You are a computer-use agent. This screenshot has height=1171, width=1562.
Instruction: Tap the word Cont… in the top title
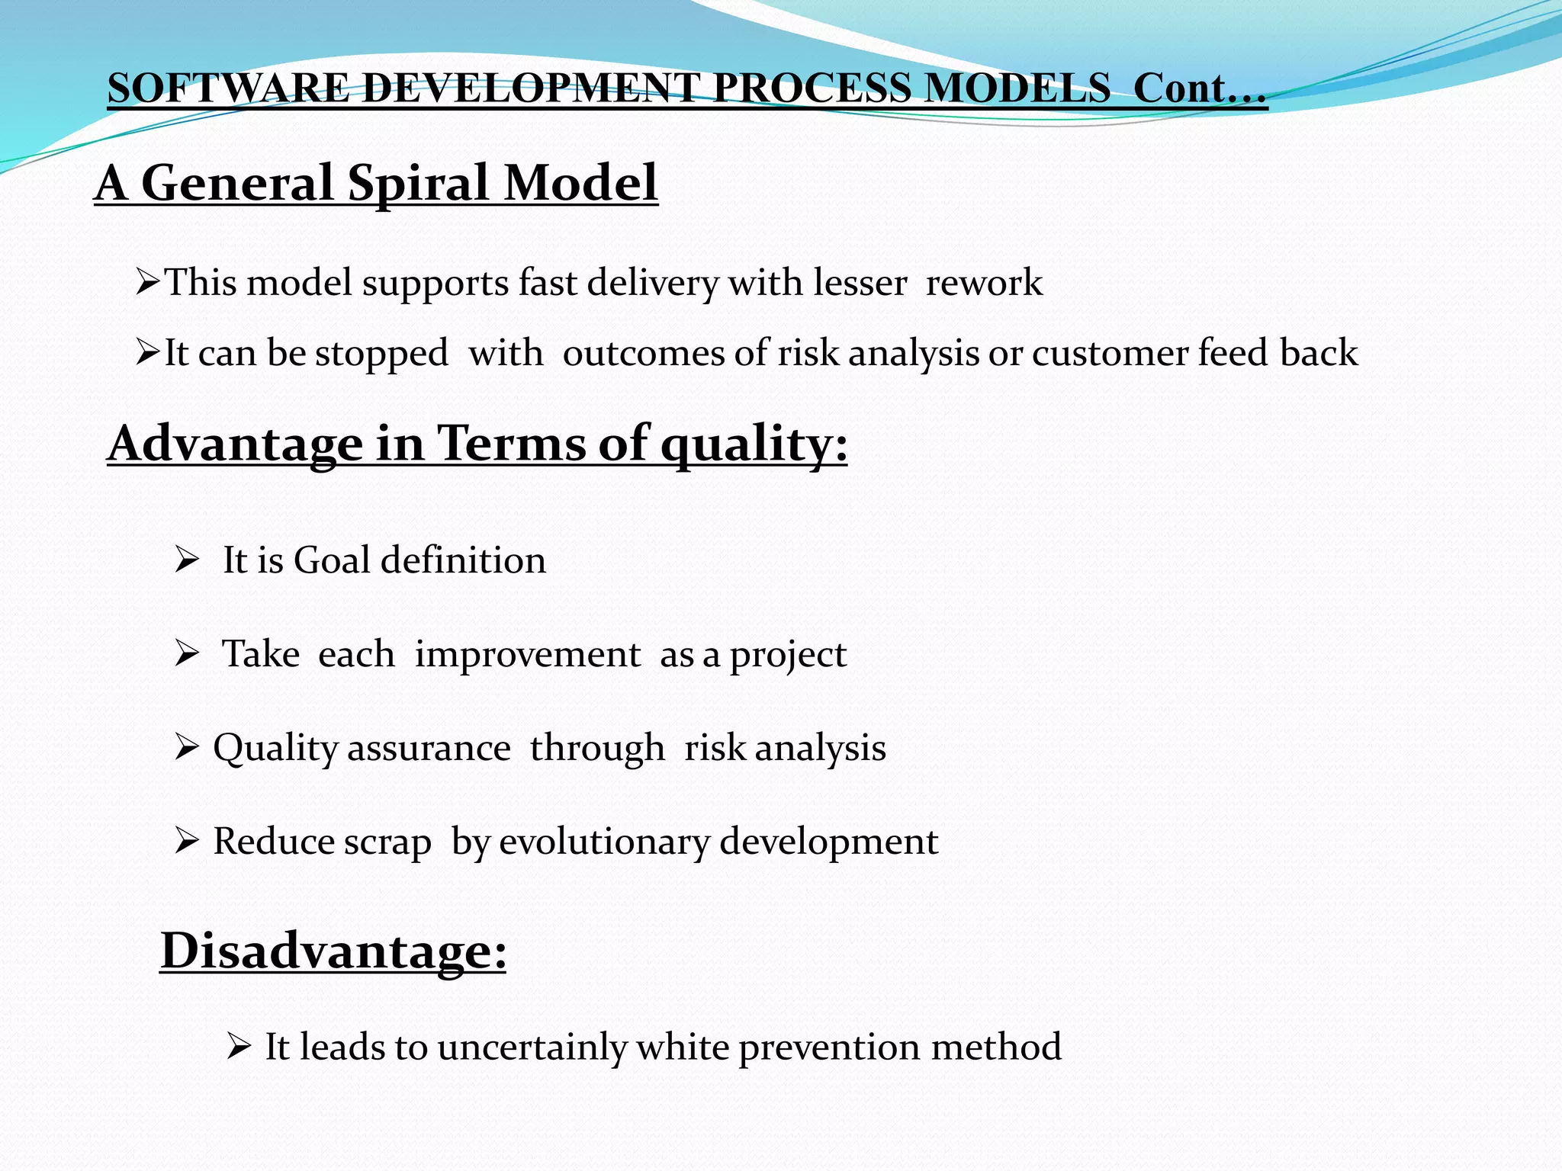coord(1200,88)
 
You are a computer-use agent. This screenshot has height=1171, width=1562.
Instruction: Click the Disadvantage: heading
coord(333,951)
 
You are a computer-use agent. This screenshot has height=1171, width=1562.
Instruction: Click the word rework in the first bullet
coord(984,283)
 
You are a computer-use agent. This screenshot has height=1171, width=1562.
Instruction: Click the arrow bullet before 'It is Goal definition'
coord(186,560)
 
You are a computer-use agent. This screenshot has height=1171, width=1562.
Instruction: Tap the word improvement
coord(527,655)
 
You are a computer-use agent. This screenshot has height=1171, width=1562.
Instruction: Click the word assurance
coord(429,748)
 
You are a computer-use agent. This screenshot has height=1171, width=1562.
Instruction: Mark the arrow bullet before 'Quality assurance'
coord(186,748)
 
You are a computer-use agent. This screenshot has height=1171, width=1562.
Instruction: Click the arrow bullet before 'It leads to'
coord(238,1047)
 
